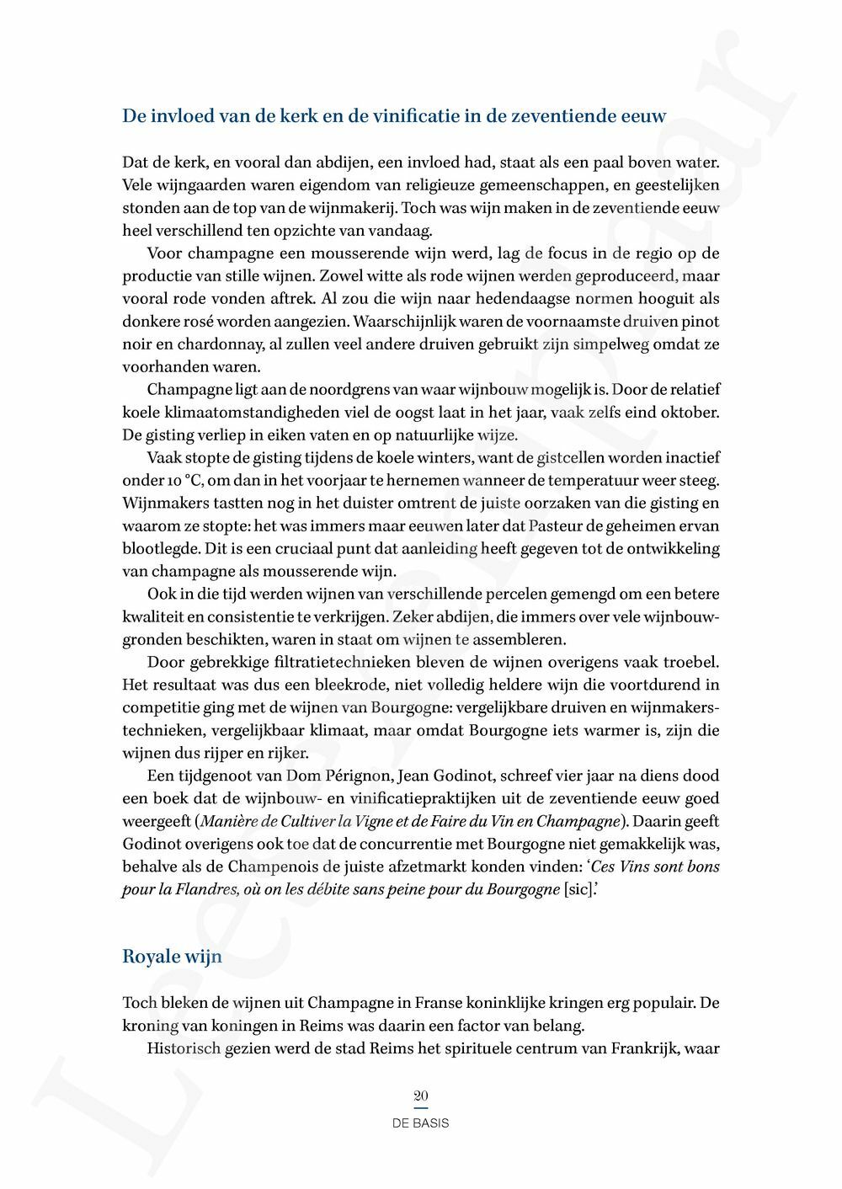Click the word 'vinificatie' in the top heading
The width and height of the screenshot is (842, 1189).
coord(402,116)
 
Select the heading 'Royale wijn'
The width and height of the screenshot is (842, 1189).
coord(172,957)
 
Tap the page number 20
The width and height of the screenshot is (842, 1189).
coord(421,1096)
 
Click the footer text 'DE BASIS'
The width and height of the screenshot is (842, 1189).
coord(421,1123)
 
